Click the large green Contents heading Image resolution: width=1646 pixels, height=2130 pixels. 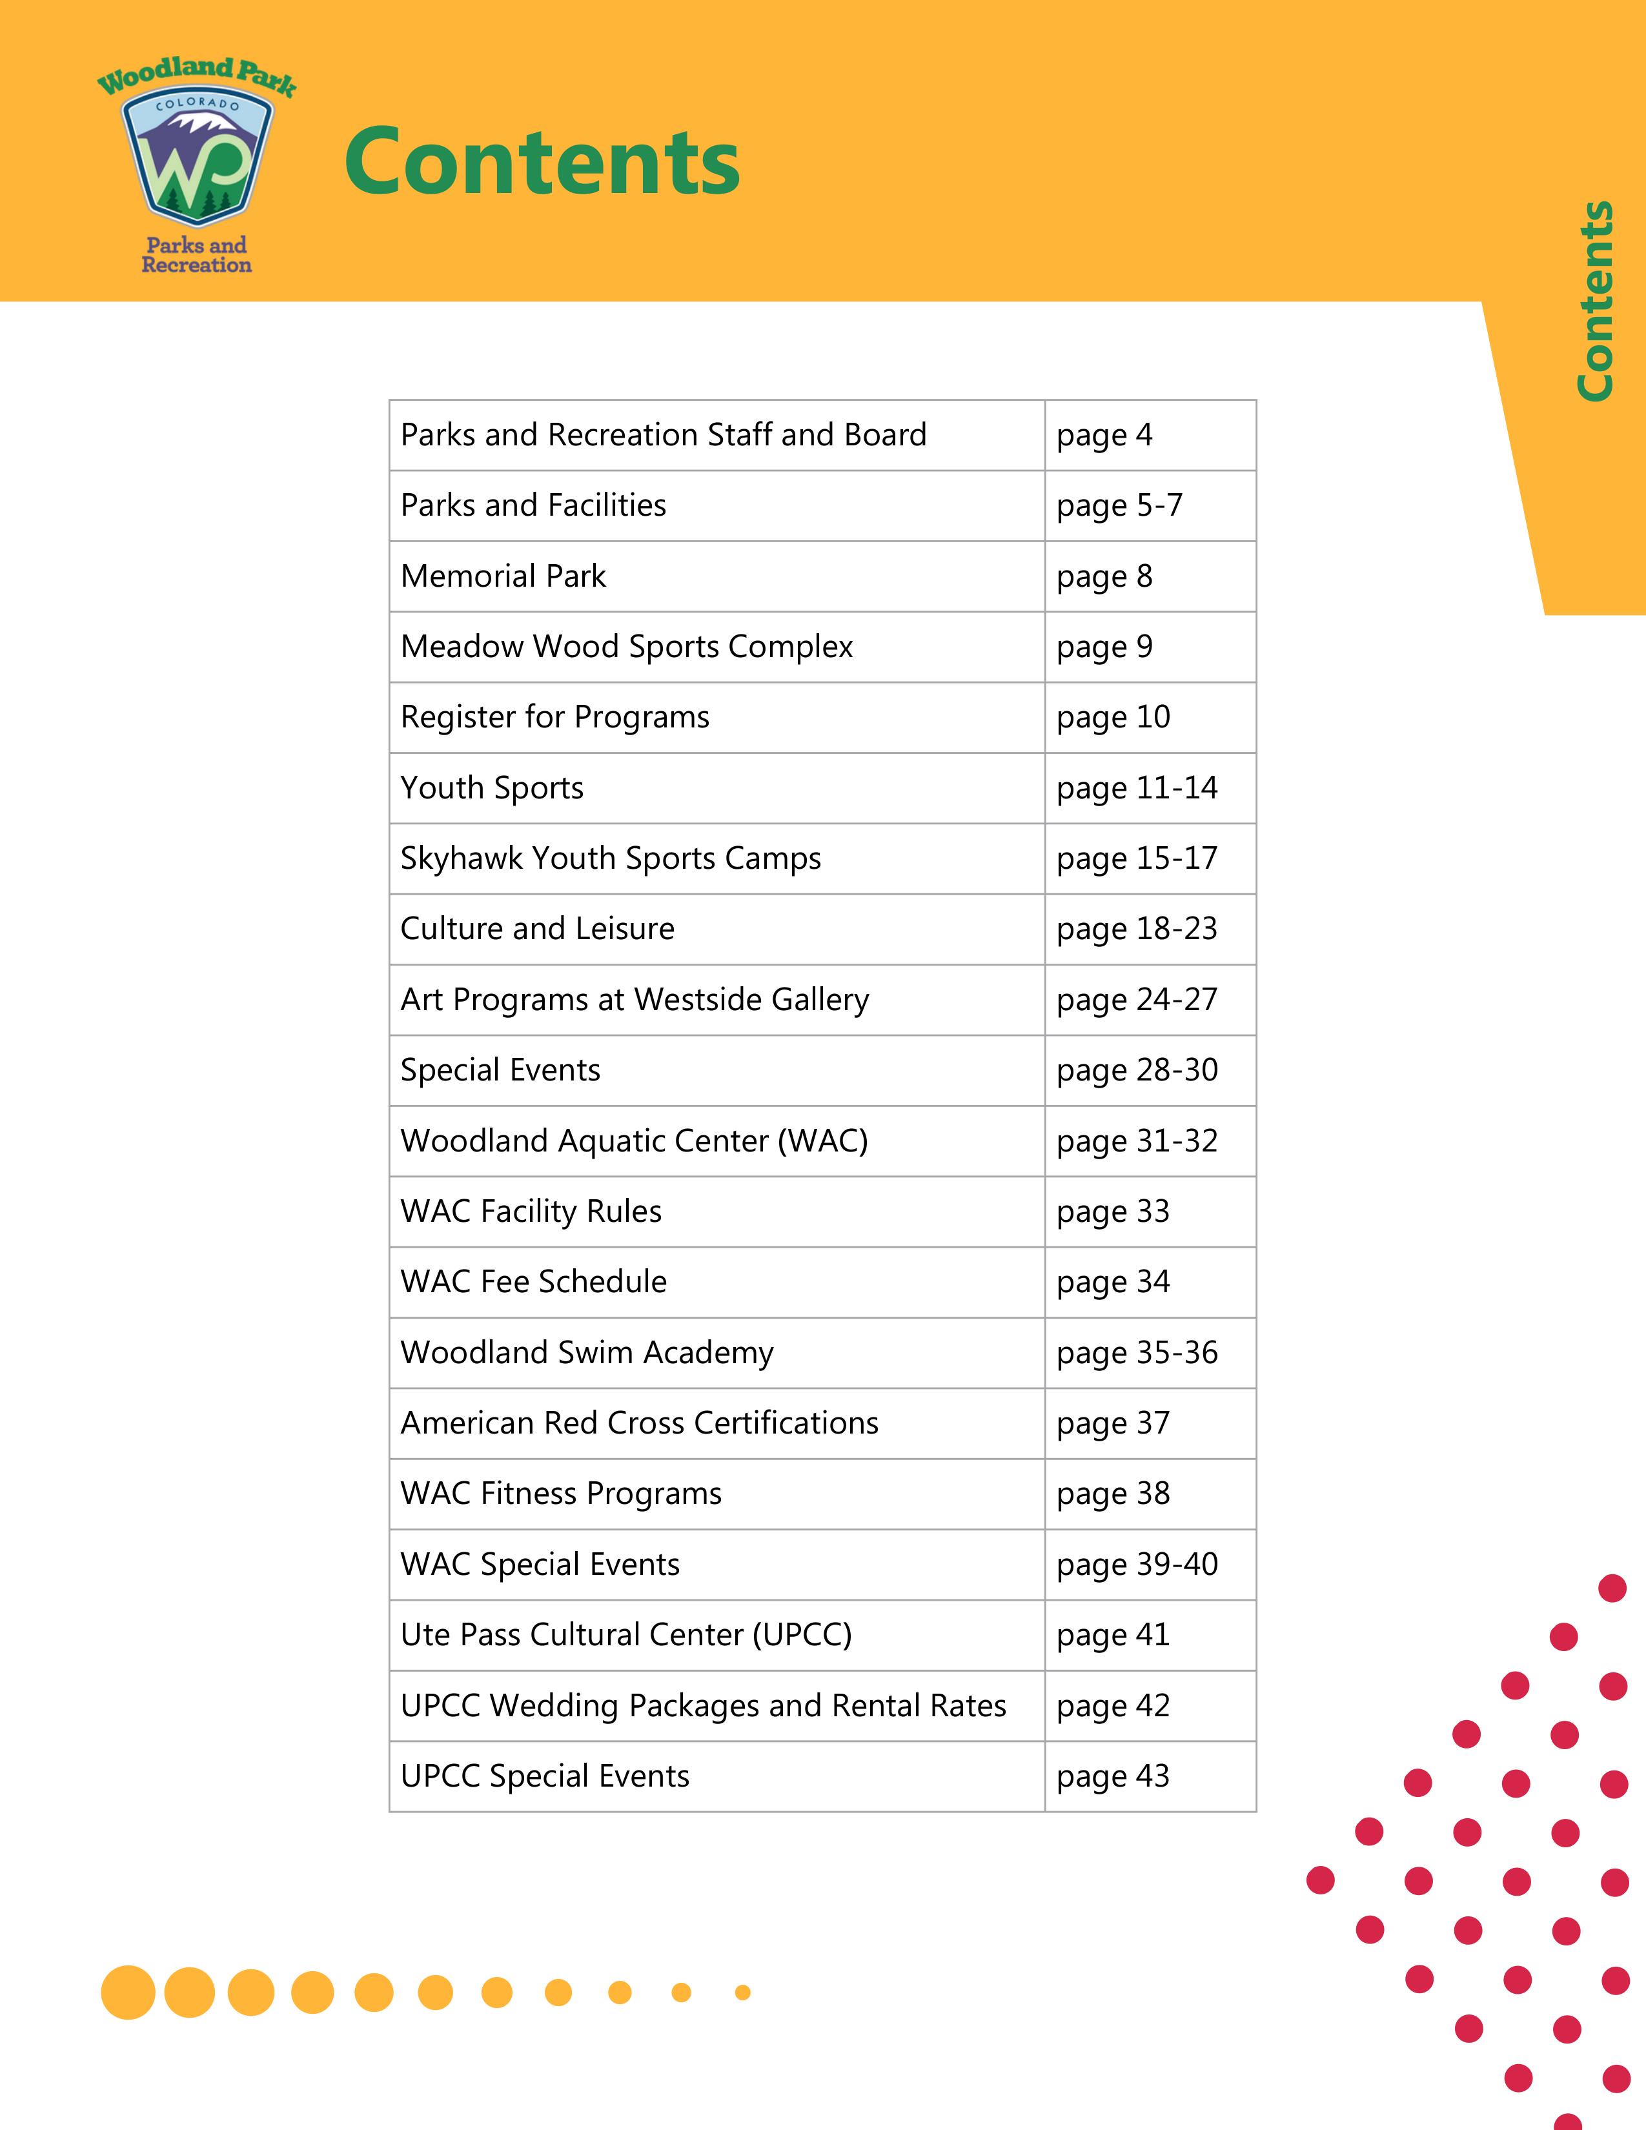tap(542, 162)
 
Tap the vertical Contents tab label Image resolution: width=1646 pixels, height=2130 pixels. tap(1595, 300)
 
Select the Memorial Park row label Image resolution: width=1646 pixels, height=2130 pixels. tap(503, 576)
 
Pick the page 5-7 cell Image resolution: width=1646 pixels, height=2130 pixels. tap(1119, 505)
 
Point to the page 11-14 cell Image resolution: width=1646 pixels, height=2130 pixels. tap(1137, 788)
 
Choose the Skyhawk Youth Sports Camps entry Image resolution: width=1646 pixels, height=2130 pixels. tap(611, 858)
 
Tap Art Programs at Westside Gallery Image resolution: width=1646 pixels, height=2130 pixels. tap(634, 1000)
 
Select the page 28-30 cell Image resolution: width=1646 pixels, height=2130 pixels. tap(1137, 1070)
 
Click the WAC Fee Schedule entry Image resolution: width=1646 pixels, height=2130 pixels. tap(533, 1281)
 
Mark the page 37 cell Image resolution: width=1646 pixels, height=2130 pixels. tap(1113, 1423)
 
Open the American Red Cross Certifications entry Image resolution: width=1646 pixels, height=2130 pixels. tap(638, 1423)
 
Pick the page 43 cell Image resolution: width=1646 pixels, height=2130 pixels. tap(1113, 1776)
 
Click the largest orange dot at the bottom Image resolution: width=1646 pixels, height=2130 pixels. tap(128, 1991)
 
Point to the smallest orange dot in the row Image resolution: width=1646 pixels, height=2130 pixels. tap(742, 1991)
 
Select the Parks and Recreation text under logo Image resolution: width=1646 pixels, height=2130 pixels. tap(196, 254)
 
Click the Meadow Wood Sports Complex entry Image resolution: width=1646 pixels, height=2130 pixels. tap(626, 647)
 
